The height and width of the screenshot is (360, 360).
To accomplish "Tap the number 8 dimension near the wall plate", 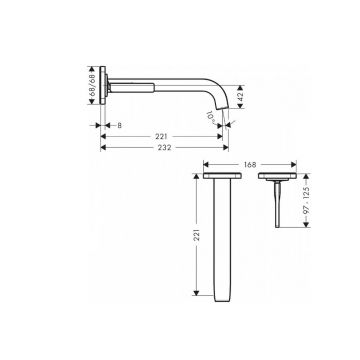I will point(119,126).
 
